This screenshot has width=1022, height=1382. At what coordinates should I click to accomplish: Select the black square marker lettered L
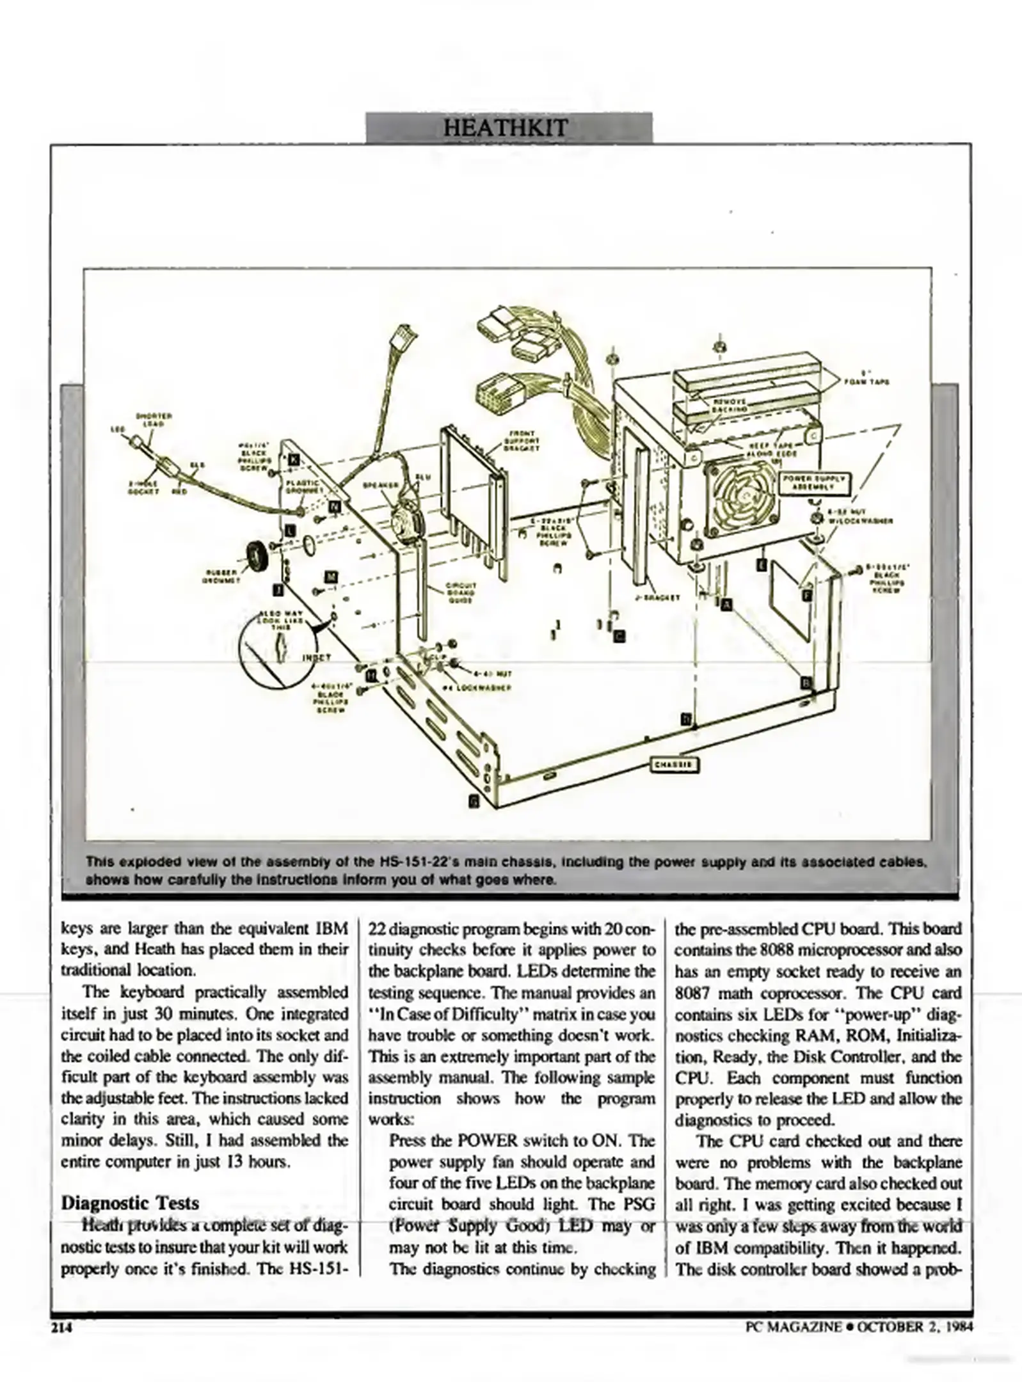[x=290, y=530]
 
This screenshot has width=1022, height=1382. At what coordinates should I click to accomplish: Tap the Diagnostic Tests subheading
[x=130, y=1202]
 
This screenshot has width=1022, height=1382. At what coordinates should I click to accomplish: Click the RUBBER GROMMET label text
[x=221, y=576]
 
